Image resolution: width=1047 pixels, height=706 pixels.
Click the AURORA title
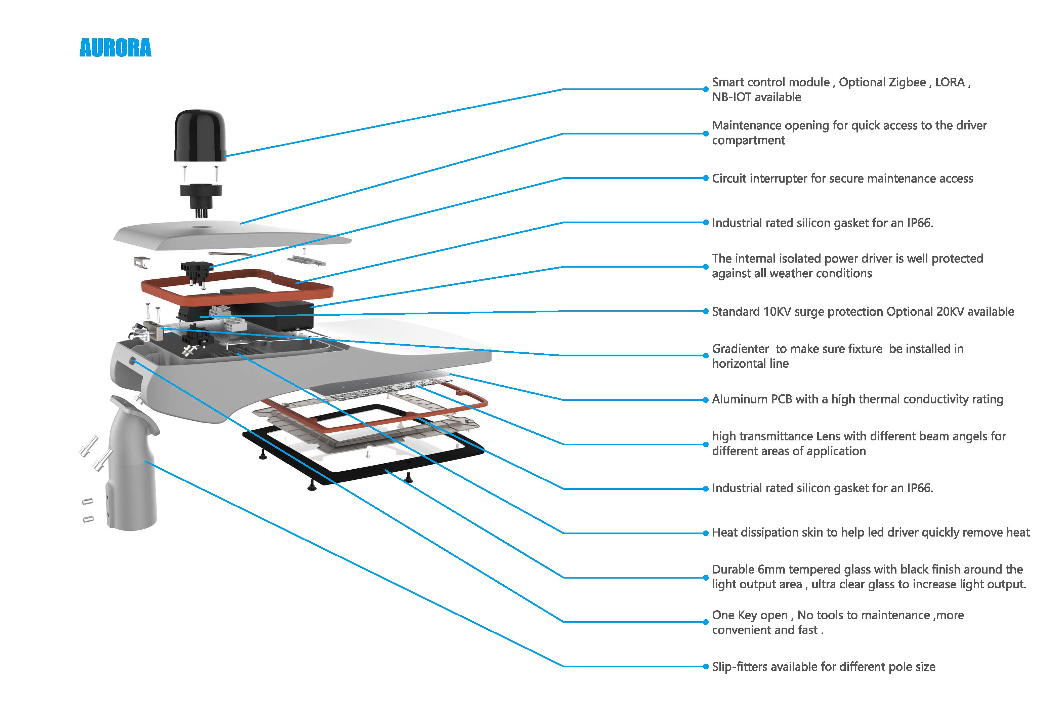[115, 48]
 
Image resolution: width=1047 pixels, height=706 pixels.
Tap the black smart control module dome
[200, 135]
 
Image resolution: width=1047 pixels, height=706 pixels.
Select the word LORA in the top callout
[950, 82]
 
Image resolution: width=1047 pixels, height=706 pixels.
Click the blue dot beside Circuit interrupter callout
[706, 178]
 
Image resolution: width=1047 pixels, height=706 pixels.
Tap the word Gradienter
[740, 349]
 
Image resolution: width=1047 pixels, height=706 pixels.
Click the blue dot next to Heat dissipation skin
[706, 533]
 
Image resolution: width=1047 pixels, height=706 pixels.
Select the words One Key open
[749, 616]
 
